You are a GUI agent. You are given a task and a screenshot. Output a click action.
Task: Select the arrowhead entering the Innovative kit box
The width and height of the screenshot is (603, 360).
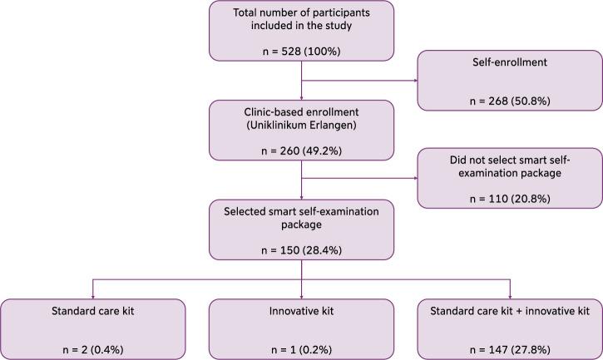[x=301, y=298]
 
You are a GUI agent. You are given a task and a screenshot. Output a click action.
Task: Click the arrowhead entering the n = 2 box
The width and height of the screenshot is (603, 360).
[x=91, y=298]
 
